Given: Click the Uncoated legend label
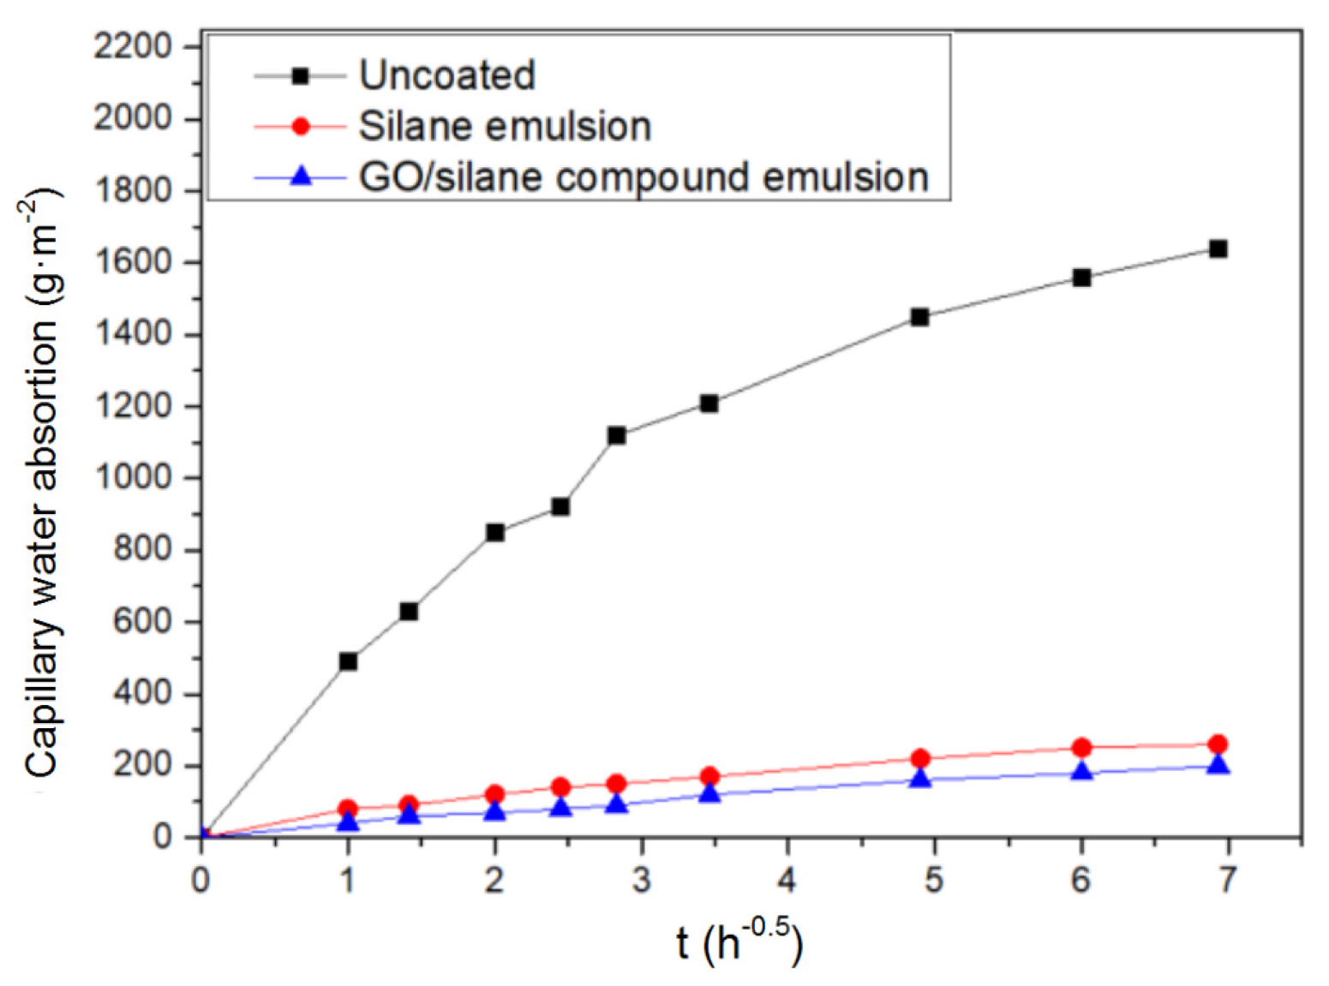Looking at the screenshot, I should coord(446,75).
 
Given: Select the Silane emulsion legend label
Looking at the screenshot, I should coord(505,126).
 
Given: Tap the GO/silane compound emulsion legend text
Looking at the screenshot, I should coord(644,177).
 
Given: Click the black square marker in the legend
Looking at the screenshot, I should coord(300,76).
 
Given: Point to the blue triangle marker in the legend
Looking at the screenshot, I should coord(300,176).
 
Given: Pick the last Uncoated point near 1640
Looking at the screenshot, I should coord(1218,249).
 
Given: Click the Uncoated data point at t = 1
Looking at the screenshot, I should coord(348,661).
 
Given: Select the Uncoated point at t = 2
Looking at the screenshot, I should coord(494,533).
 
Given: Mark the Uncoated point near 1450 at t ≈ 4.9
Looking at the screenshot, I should coord(919,317).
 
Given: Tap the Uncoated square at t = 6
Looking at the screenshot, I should coord(1081,278).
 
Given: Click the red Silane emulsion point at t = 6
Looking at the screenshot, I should coord(1081,748).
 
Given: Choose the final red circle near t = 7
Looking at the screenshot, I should coord(1218,744).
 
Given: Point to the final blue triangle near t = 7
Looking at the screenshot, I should coord(1218,765).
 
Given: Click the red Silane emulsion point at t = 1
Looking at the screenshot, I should coord(348,808).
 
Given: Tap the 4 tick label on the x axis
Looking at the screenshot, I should coord(787,880).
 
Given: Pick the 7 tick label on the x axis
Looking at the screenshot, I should coord(1228,880).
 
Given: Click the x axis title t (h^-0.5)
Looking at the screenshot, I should coord(739,941).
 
